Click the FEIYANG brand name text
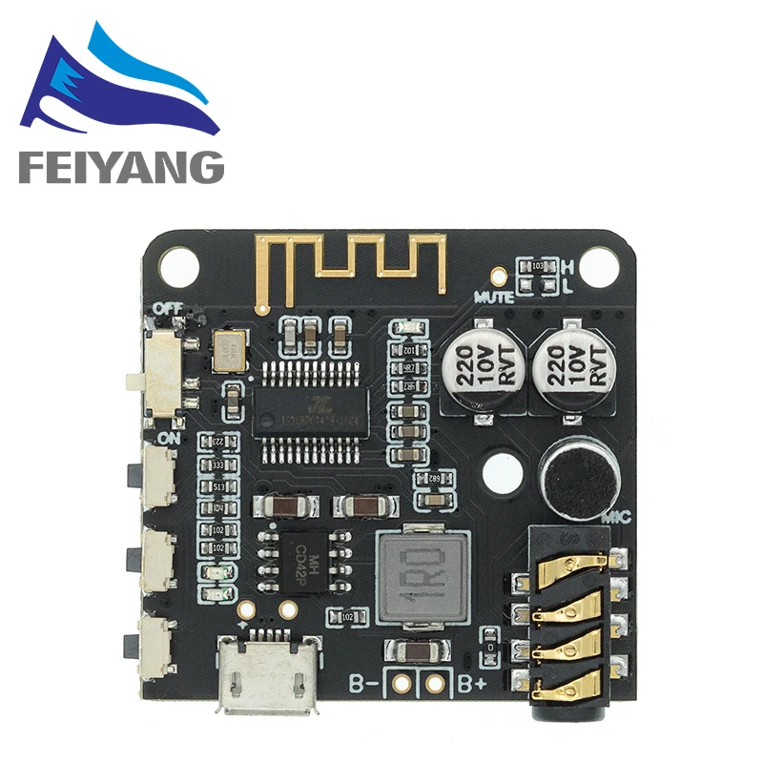click(120, 168)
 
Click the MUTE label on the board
click(493, 297)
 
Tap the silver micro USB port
click(267, 672)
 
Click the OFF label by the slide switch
click(168, 308)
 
